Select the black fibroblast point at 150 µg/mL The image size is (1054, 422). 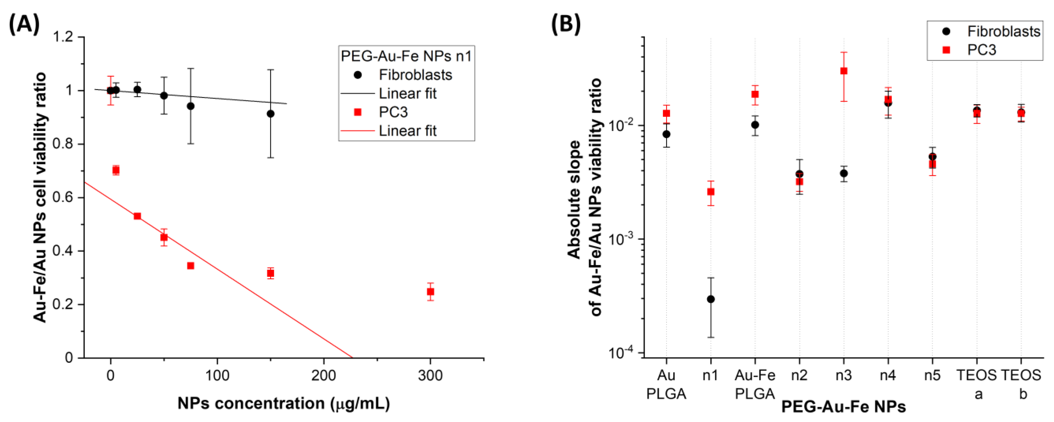click(270, 113)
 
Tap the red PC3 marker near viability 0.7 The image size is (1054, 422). click(116, 170)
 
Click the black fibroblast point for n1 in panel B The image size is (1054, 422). click(711, 299)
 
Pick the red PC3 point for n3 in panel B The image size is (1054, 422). click(844, 71)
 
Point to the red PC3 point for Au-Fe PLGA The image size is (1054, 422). click(755, 94)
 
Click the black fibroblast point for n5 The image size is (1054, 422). click(933, 157)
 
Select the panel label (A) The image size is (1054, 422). click(24, 24)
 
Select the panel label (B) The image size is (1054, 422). click(566, 24)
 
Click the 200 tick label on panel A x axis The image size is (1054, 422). click(324, 375)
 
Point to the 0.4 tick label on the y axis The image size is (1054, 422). click(63, 251)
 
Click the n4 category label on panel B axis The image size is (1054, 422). click(888, 375)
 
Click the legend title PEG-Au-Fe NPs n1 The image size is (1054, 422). click(406, 56)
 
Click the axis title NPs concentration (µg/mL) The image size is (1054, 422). click(284, 404)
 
